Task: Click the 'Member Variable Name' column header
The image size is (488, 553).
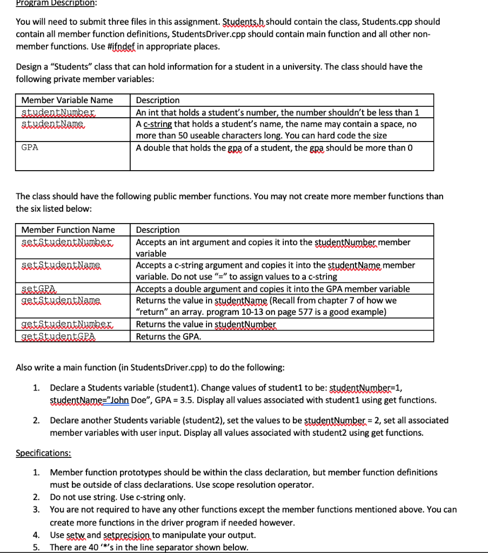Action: coord(67,100)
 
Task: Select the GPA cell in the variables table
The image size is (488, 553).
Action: coord(30,147)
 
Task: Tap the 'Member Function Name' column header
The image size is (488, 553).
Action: coord(68,230)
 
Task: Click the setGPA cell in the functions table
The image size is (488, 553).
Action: coord(42,289)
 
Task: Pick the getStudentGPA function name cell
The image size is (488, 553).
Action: coord(58,336)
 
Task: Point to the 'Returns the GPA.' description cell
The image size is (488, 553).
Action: coord(169,336)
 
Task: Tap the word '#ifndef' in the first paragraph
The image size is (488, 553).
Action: coord(124,46)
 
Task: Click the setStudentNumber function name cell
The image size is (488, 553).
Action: coord(66,242)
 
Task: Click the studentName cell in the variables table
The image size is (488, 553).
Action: coord(53,124)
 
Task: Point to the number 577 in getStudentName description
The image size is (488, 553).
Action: coord(285,312)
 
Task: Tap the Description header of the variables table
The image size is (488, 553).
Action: coord(158,100)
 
